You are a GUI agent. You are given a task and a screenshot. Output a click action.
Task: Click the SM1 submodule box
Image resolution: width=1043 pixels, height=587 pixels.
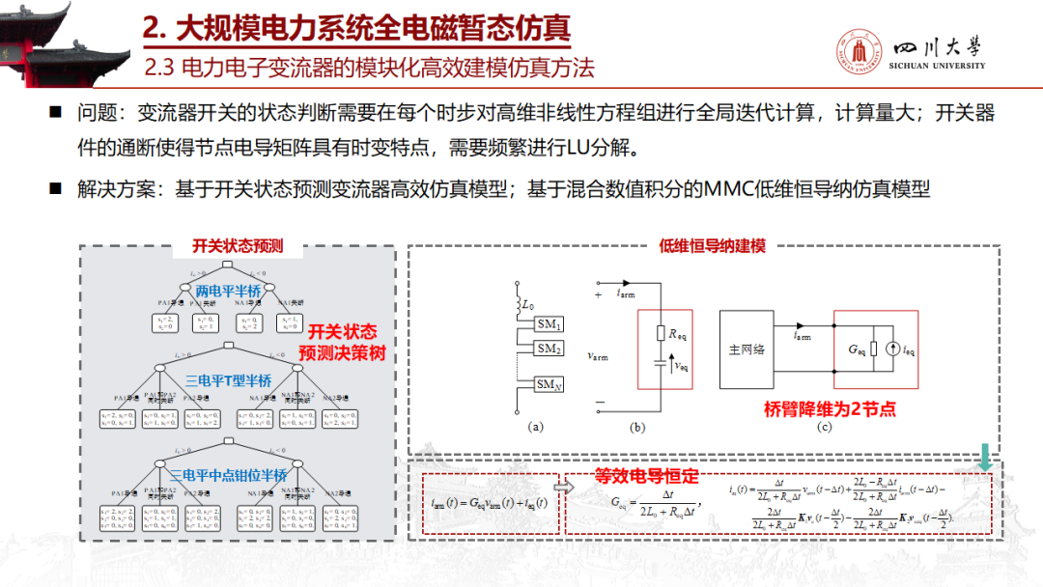pos(550,325)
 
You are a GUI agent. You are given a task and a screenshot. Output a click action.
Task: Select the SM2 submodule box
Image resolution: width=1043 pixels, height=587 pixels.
pos(550,349)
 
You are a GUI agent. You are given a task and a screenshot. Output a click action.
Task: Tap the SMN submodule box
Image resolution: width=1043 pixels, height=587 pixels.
pos(550,384)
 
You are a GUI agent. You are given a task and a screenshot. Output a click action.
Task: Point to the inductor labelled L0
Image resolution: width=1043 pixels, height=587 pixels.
pos(520,306)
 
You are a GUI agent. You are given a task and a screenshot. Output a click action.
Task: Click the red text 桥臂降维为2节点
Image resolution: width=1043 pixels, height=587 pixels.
pos(829,409)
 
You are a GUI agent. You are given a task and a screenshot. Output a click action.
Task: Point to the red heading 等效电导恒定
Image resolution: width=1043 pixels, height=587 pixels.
pos(646,476)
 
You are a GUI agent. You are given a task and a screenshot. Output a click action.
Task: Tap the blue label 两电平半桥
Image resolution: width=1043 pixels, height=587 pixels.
pos(228,291)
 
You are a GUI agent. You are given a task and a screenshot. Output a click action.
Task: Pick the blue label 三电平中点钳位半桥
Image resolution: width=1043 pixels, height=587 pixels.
pos(228,475)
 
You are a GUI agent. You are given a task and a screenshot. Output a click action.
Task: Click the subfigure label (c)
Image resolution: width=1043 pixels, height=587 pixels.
pos(824,426)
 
